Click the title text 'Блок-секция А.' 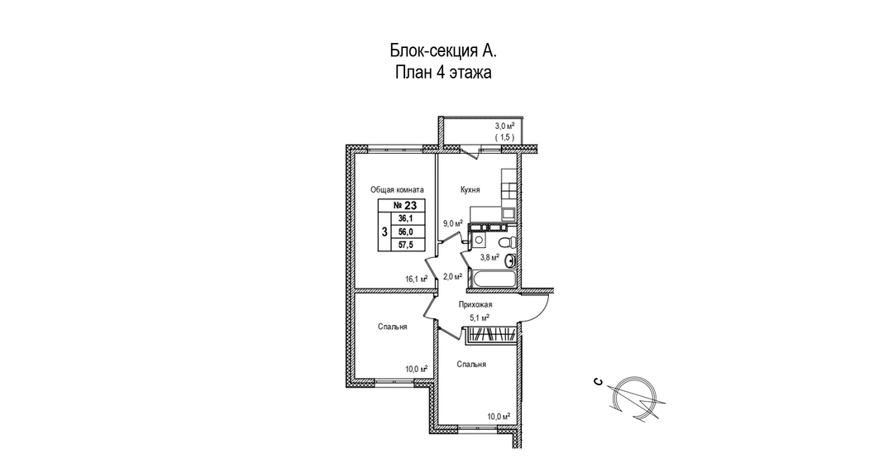click(x=443, y=50)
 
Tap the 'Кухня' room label click(x=470, y=190)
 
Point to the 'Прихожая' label click(x=475, y=304)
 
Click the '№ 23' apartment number click(x=404, y=206)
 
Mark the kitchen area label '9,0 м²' click(x=452, y=223)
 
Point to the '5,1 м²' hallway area click(x=480, y=317)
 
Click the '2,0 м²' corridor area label click(x=452, y=277)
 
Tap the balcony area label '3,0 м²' click(x=504, y=126)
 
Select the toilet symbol click(x=512, y=241)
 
